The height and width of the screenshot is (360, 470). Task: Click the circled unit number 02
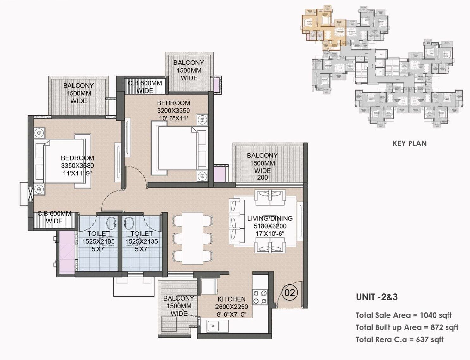289,292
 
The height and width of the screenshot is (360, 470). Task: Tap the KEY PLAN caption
410,143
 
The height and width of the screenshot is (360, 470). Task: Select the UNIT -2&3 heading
377,297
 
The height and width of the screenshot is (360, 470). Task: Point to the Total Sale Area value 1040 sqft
436,315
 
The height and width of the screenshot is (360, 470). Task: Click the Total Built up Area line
407,327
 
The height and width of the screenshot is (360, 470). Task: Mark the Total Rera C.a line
399,339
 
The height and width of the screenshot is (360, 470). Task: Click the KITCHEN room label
232,299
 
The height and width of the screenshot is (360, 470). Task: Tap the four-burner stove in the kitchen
260,297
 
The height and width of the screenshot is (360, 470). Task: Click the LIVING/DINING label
270,218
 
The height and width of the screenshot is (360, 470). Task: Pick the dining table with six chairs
192,238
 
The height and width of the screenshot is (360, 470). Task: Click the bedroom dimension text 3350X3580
77,166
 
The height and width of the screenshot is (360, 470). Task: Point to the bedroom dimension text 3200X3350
173,111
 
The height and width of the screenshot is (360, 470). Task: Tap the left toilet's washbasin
111,223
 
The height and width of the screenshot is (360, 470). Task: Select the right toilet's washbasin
128,223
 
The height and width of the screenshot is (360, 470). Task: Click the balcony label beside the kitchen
179,306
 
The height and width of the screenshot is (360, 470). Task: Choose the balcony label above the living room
262,163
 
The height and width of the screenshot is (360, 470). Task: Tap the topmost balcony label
189,70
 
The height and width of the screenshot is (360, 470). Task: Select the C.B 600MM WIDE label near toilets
54,217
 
